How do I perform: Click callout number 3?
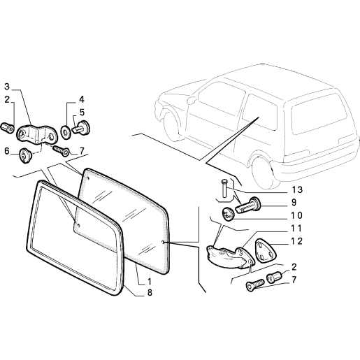pyautogui.click(x=7, y=87)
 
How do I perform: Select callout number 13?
pyautogui.click(x=297, y=190)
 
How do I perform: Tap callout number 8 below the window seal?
pyautogui.click(x=150, y=292)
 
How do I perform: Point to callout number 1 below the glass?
pyautogui.click(x=150, y=282)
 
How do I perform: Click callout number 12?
pyautogui.click(x=297, y=241)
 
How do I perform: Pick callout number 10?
pyautogui.click(x=297, y=215)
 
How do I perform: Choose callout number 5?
pyautogui.click(x=82, y=113)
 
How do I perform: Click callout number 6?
pyautogui.click(x=7, y=151)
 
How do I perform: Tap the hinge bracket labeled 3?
pyautogui.click(x=36, y=134)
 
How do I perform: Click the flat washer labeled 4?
pyautogui.click(x=65, y=132)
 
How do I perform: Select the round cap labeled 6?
pyautogui.click(x=24, y=155)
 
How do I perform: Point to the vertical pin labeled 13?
pyautogui.click(x=224, y=188)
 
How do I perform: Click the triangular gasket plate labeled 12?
pyautogui.click(x=266, y=251)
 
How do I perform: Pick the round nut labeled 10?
pyautogui.click(x=228, y=214)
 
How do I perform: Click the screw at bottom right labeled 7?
pyautogui.click(x=255, y=285)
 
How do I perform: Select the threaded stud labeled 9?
pyautogui.click(x=248, y=205)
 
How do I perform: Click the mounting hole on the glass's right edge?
pyautogui.click(x=163, y=243)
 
